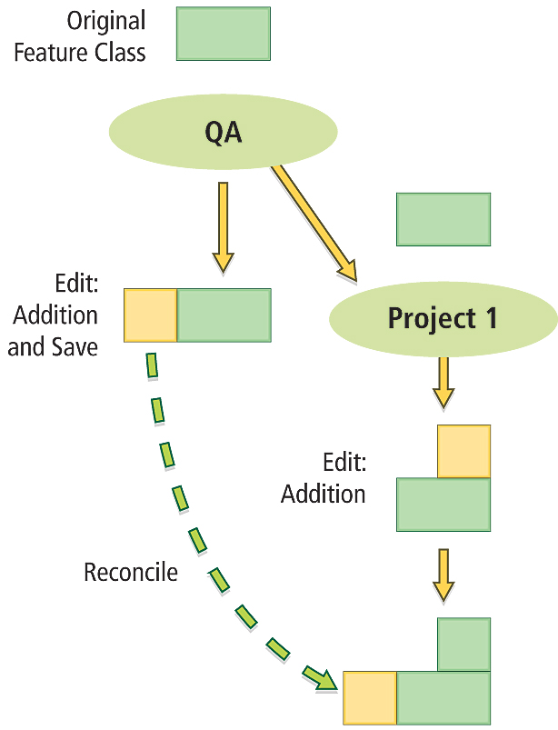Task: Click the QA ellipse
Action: (x=223, y=133)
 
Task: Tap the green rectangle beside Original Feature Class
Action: (x=223, y=34)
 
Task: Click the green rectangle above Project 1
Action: (x=443, y=219)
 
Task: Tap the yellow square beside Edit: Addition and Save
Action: (x=150, y=315)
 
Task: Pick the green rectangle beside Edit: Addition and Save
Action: (x=224, y=315)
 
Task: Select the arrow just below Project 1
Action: (x=443, y=382)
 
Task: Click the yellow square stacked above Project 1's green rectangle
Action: (x=463, y=451)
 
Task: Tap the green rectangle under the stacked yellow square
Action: (x=443, y=505)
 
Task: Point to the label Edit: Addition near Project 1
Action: (x=324, y=478)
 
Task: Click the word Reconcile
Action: (x=131, y=573)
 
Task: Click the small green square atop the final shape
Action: (x=463, y=644)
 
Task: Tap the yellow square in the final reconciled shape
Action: (x=370, y=698)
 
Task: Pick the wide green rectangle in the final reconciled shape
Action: (x=443, y=698)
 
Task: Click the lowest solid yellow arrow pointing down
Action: (x=443, y=575)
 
